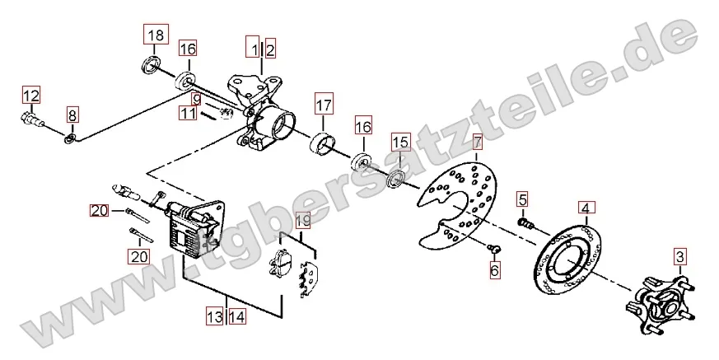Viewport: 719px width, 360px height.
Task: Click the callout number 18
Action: (156, 35)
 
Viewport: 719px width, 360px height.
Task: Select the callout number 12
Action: (31, 96)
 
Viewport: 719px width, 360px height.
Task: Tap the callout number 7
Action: (478, 143)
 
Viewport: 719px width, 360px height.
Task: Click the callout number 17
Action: (324, 106)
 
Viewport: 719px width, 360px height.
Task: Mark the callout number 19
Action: (303, 221)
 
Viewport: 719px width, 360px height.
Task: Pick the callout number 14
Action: (237, 316)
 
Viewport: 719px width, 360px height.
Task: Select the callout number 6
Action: (494, 269)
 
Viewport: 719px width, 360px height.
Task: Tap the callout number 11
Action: (188, 112)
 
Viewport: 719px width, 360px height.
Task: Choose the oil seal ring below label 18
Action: (150, 64)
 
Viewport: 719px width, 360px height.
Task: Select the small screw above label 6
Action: (494, 249)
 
